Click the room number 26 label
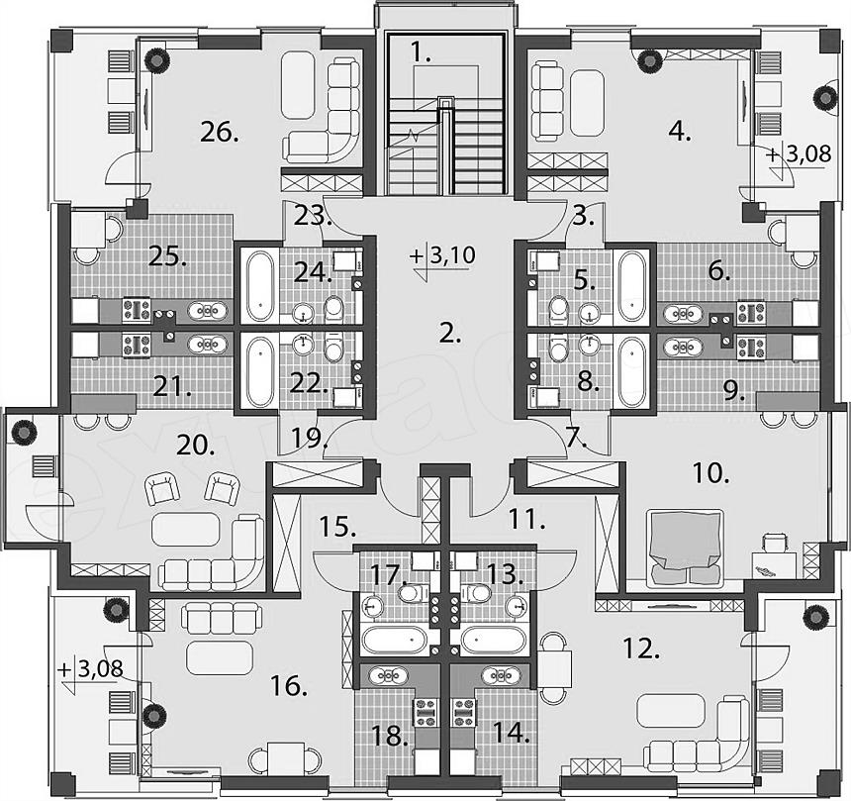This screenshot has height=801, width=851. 219,132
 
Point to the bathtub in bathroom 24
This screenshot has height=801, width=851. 259,285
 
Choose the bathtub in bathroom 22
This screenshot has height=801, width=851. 259,370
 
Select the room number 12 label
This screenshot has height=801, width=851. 644,649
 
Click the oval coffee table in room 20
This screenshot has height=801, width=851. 187,530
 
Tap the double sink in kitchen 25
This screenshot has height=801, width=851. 208,311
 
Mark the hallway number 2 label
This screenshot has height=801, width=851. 450,334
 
